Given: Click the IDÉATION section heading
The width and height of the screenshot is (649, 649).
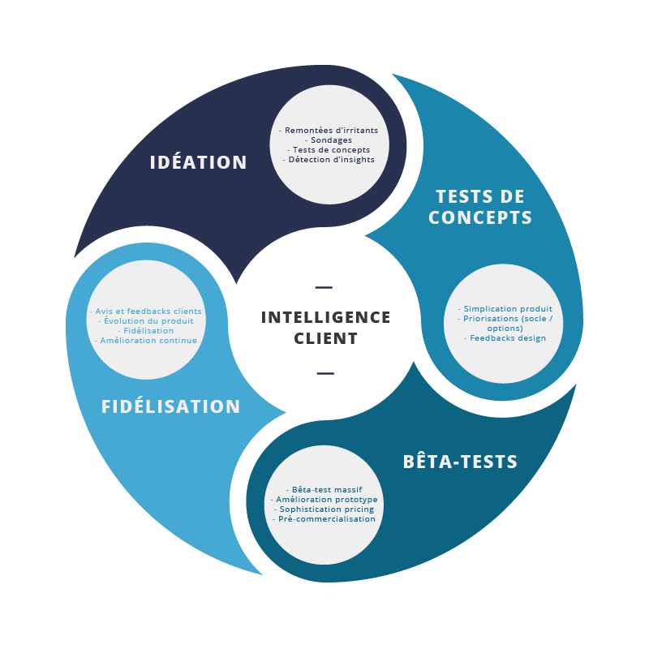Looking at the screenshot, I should click(198, 162).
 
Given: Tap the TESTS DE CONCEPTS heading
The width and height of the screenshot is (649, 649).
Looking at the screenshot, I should click(480, 207).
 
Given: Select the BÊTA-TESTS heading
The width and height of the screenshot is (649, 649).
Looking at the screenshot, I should click(460, 462).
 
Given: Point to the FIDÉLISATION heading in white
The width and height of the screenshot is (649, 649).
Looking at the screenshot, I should click(170, 406).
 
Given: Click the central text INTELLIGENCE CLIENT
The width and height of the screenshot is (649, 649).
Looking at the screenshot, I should click(325, 328).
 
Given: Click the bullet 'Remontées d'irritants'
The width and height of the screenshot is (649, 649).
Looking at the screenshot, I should click(329, 130).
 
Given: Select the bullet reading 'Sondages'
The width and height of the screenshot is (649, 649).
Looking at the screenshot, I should click(329, 140).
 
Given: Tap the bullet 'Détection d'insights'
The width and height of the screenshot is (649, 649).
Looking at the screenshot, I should click(329, 159).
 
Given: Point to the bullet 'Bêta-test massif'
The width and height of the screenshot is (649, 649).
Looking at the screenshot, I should click(324, 490).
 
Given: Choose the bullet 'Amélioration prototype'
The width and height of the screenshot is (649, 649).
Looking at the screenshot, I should click(324, 500).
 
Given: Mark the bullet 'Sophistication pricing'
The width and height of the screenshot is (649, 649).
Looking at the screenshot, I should click(324, 509).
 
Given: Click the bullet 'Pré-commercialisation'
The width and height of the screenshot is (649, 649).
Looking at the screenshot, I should click(324, 519).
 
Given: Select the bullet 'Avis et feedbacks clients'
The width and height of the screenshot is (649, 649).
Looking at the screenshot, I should click(145, 311).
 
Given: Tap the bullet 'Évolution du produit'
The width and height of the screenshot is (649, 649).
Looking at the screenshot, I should click(145, 320).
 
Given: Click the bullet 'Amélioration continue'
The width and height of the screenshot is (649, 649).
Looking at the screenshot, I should click(145, 340).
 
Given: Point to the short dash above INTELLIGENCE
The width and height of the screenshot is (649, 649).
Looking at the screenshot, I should click(324, 287).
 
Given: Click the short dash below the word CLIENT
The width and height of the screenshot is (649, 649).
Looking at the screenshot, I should click(324, 373).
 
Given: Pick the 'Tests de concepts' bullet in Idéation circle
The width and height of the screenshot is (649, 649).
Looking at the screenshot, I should click(329, 149).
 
